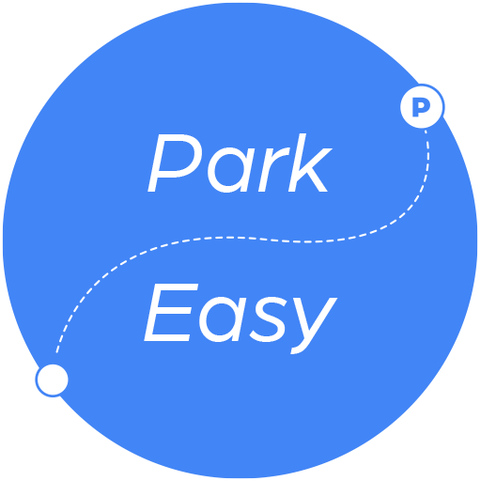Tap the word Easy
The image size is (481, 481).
click(x=240, y=318)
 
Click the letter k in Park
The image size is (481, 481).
click(x=308, y=163)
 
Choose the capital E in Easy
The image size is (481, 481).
click(x=171, y=313)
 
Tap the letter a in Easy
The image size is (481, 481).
click(x=223, y=321)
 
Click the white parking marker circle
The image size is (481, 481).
click(x=422, y=106)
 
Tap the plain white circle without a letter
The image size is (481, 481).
click(x=53, y=380)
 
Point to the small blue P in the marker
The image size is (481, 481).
click(x=421, y=107)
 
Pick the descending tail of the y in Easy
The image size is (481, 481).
click(x=303, y=348)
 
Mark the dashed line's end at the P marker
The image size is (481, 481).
click(x=426, y=131)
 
